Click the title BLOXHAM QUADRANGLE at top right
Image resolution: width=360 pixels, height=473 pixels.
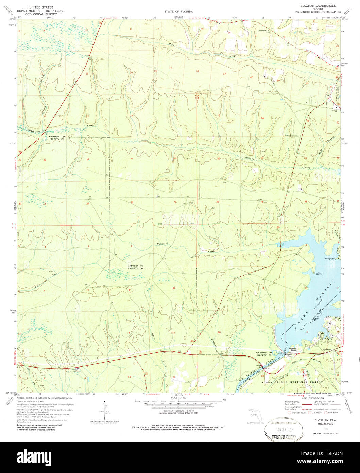click(x=312, y=6)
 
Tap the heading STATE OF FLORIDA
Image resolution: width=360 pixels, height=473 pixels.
click(x=178, y=11)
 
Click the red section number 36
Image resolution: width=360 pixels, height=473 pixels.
click(x=175, y=203)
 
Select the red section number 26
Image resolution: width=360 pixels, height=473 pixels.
click(x=131, y=159)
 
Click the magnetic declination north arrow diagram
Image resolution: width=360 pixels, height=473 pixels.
click(x=106, y=413)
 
